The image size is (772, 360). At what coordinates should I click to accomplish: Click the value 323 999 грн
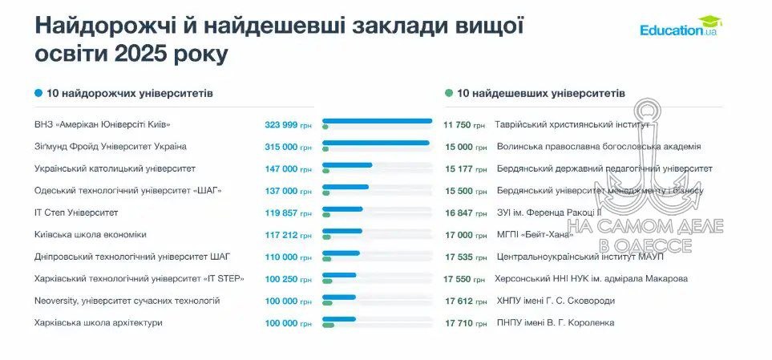point(288,125)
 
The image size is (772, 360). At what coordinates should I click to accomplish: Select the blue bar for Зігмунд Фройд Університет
point(376,143)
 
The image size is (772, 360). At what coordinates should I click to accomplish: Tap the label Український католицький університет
point(115,168)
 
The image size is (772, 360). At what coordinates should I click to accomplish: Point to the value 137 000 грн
point(288,191)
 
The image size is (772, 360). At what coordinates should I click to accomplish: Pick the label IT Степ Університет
point(76,212)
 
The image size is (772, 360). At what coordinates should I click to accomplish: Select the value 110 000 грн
point(288,257)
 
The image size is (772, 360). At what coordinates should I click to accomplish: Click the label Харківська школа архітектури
point(99,322)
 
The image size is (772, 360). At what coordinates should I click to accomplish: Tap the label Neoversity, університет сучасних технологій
point(127,301)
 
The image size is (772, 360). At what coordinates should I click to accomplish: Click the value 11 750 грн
point(464,125)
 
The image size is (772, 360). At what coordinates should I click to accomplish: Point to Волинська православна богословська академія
point(598,147)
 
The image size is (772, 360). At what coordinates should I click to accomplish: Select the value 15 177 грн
point(464,169)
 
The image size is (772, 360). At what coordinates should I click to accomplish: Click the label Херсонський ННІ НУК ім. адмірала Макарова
point(592,278)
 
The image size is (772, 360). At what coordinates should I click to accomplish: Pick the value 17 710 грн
point(464,322)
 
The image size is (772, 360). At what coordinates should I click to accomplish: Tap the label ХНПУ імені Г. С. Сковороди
point(557,301)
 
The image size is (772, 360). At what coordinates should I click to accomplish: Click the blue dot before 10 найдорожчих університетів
point(38,93)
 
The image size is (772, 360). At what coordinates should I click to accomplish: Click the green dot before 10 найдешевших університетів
point(449,93)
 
